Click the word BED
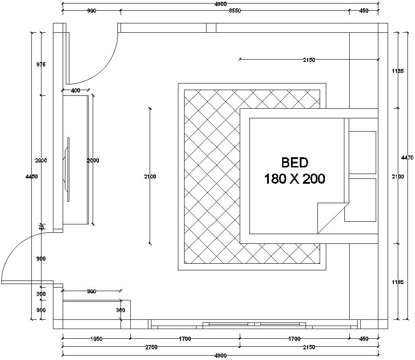(x=294, y=163)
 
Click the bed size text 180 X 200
(x=294, y=179)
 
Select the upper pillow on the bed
(x=362, y=152)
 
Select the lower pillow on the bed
(x=360, y=200)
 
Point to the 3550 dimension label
(x=234, y=11)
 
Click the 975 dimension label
(x=41, y=64)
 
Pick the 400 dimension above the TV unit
(x=75, y=91)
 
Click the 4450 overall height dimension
(x=31, y=176)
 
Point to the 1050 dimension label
(x=96, y=339)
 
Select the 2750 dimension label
(x=151, y=347)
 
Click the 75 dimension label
(x=41, y=227)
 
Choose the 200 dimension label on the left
(x=41, y=294)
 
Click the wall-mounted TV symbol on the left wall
(x=68, y=170)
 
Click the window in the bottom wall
(x=254, y=325)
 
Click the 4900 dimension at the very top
(x=221, y=4)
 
